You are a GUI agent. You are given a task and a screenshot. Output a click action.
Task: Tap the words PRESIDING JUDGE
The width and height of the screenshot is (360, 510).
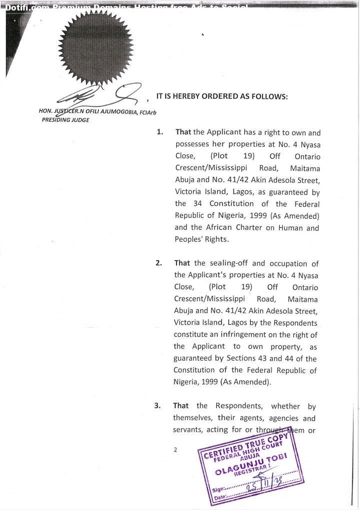[65, 120]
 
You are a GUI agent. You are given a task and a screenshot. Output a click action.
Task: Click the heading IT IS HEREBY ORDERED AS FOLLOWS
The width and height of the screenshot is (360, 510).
[222, 96]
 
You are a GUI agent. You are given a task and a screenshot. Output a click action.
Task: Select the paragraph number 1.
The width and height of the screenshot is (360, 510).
[159, 132]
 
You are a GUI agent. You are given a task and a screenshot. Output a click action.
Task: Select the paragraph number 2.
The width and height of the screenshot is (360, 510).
[158, 263]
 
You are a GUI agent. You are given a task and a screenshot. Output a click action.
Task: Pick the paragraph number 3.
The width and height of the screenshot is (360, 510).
[157, 406]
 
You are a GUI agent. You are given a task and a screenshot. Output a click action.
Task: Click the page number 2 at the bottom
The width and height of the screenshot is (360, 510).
[175, 450]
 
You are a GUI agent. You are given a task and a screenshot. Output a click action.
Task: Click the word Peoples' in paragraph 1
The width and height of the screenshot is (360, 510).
[189, 239]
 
